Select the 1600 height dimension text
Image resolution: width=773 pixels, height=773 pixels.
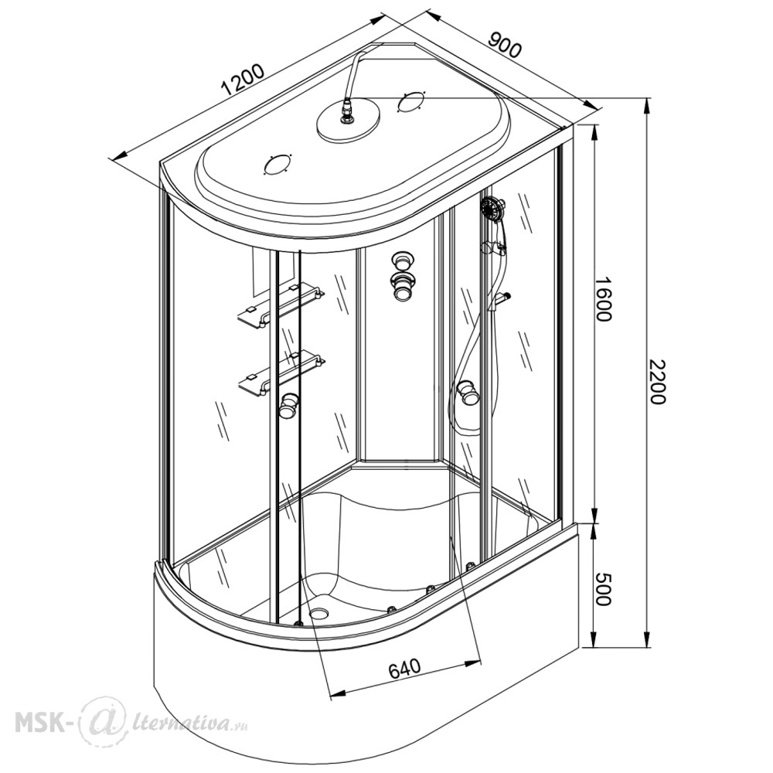coord(602,298)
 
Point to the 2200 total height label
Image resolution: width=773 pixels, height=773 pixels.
coord(656,382)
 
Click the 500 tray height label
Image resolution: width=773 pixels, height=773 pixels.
coord(602,588)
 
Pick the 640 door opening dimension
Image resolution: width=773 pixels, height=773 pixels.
coord(405,668)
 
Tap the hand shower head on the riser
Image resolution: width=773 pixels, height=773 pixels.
coord(492,207)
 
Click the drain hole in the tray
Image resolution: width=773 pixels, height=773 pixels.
coord(319,613)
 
